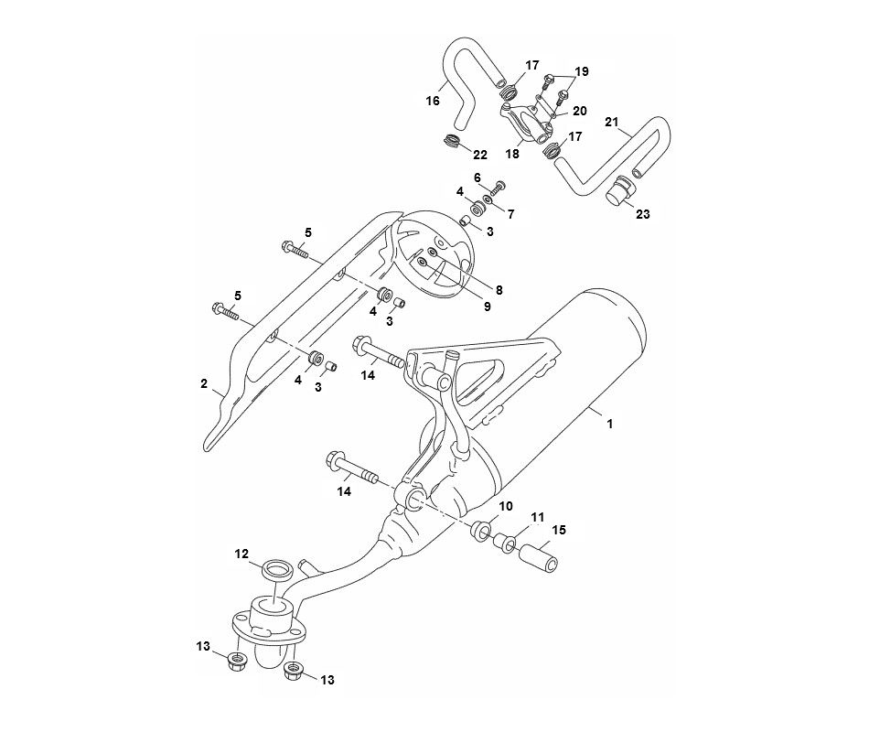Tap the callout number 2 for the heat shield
pos(204,383)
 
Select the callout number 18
pos(511,156)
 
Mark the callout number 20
pos(579,111)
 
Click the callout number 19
pos(582,70)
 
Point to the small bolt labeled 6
pos(498,188)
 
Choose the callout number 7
pos(510,214)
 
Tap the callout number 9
pos(487,307)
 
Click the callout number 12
pos(241,554)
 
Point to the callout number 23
pos(643,215)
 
